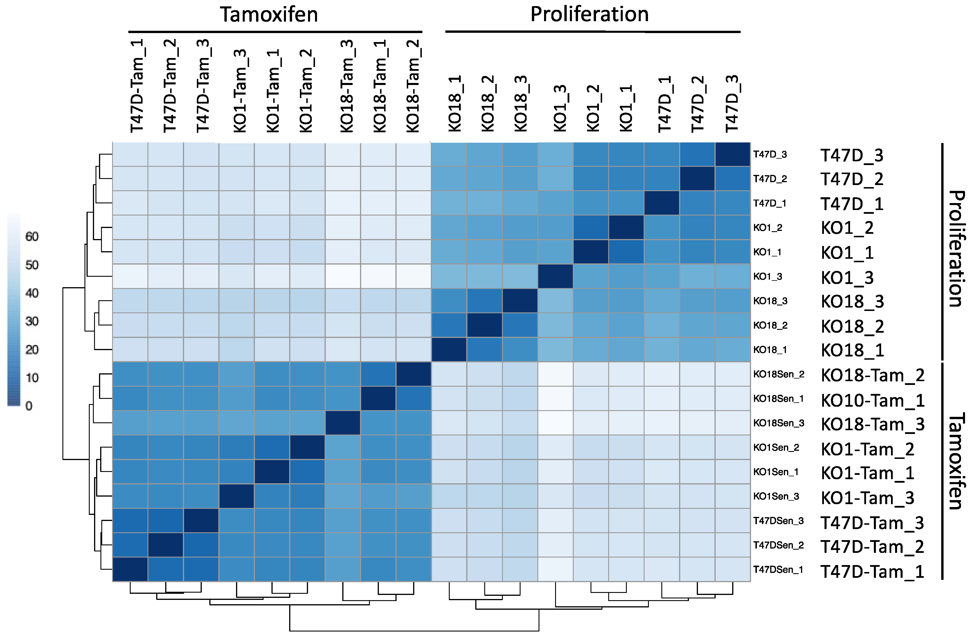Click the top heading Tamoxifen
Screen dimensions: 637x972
269,15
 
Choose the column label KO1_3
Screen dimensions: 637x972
560,108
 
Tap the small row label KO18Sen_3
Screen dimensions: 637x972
778,423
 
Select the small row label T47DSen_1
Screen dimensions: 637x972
778,570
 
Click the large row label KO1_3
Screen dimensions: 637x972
847,278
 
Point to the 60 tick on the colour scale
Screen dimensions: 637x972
32,236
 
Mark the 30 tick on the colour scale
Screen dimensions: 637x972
32,321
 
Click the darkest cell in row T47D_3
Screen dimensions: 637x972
733,154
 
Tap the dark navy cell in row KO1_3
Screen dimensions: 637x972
555,276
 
